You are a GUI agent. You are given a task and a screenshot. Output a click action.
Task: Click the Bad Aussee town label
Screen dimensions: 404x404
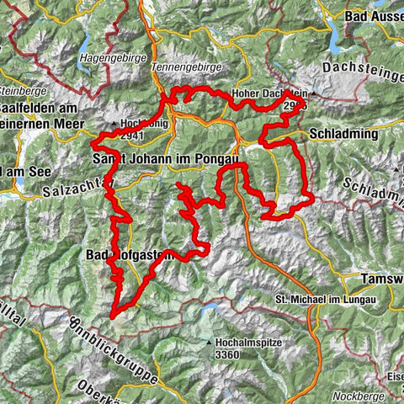click(374, 15)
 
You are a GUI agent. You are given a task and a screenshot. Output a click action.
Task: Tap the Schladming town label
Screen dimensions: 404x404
click(341, 134)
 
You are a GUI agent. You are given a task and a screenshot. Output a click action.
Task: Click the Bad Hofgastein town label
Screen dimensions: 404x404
click(131, 255)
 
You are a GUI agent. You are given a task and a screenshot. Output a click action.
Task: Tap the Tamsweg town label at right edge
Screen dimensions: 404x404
click(382, 279)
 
